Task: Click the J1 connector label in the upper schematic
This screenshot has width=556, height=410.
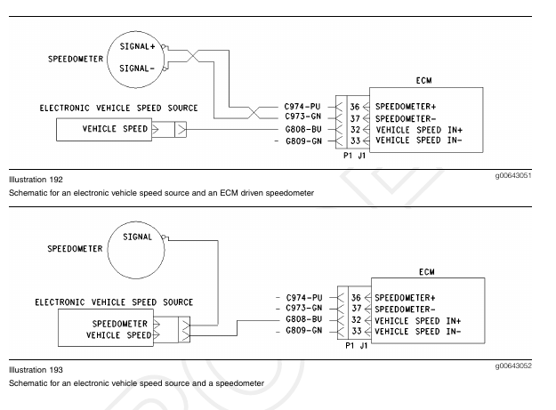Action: pyautogui.click(x=361, y=154)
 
